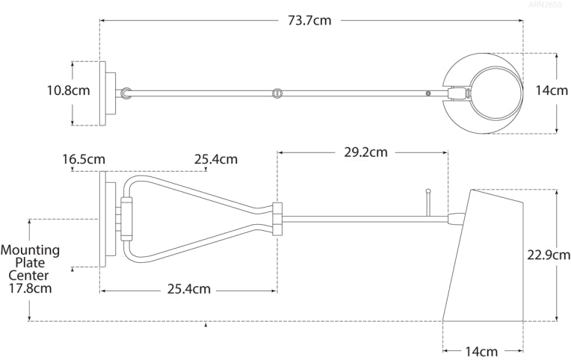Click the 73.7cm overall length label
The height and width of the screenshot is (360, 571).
(x=309, y=21)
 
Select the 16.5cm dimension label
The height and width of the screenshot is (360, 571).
(x=83, y=159)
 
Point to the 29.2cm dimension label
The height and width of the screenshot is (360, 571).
(x=366, y=152)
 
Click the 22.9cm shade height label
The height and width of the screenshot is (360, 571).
(x=548, y=255)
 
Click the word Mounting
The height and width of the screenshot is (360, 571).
(x=31, y=250)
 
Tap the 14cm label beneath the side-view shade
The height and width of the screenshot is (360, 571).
(x=482, y=350)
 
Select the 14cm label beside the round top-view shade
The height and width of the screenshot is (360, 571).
(x=552, y=90)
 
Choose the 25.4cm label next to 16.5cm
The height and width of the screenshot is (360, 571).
(x=216, y=159)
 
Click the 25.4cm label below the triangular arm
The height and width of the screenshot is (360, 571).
(x=188, y=289)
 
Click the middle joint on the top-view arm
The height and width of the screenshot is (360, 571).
(x=277, y=93)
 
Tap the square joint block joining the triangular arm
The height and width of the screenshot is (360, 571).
(x=277, y=218)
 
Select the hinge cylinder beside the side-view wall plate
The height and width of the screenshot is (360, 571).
(x=125, y=218)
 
